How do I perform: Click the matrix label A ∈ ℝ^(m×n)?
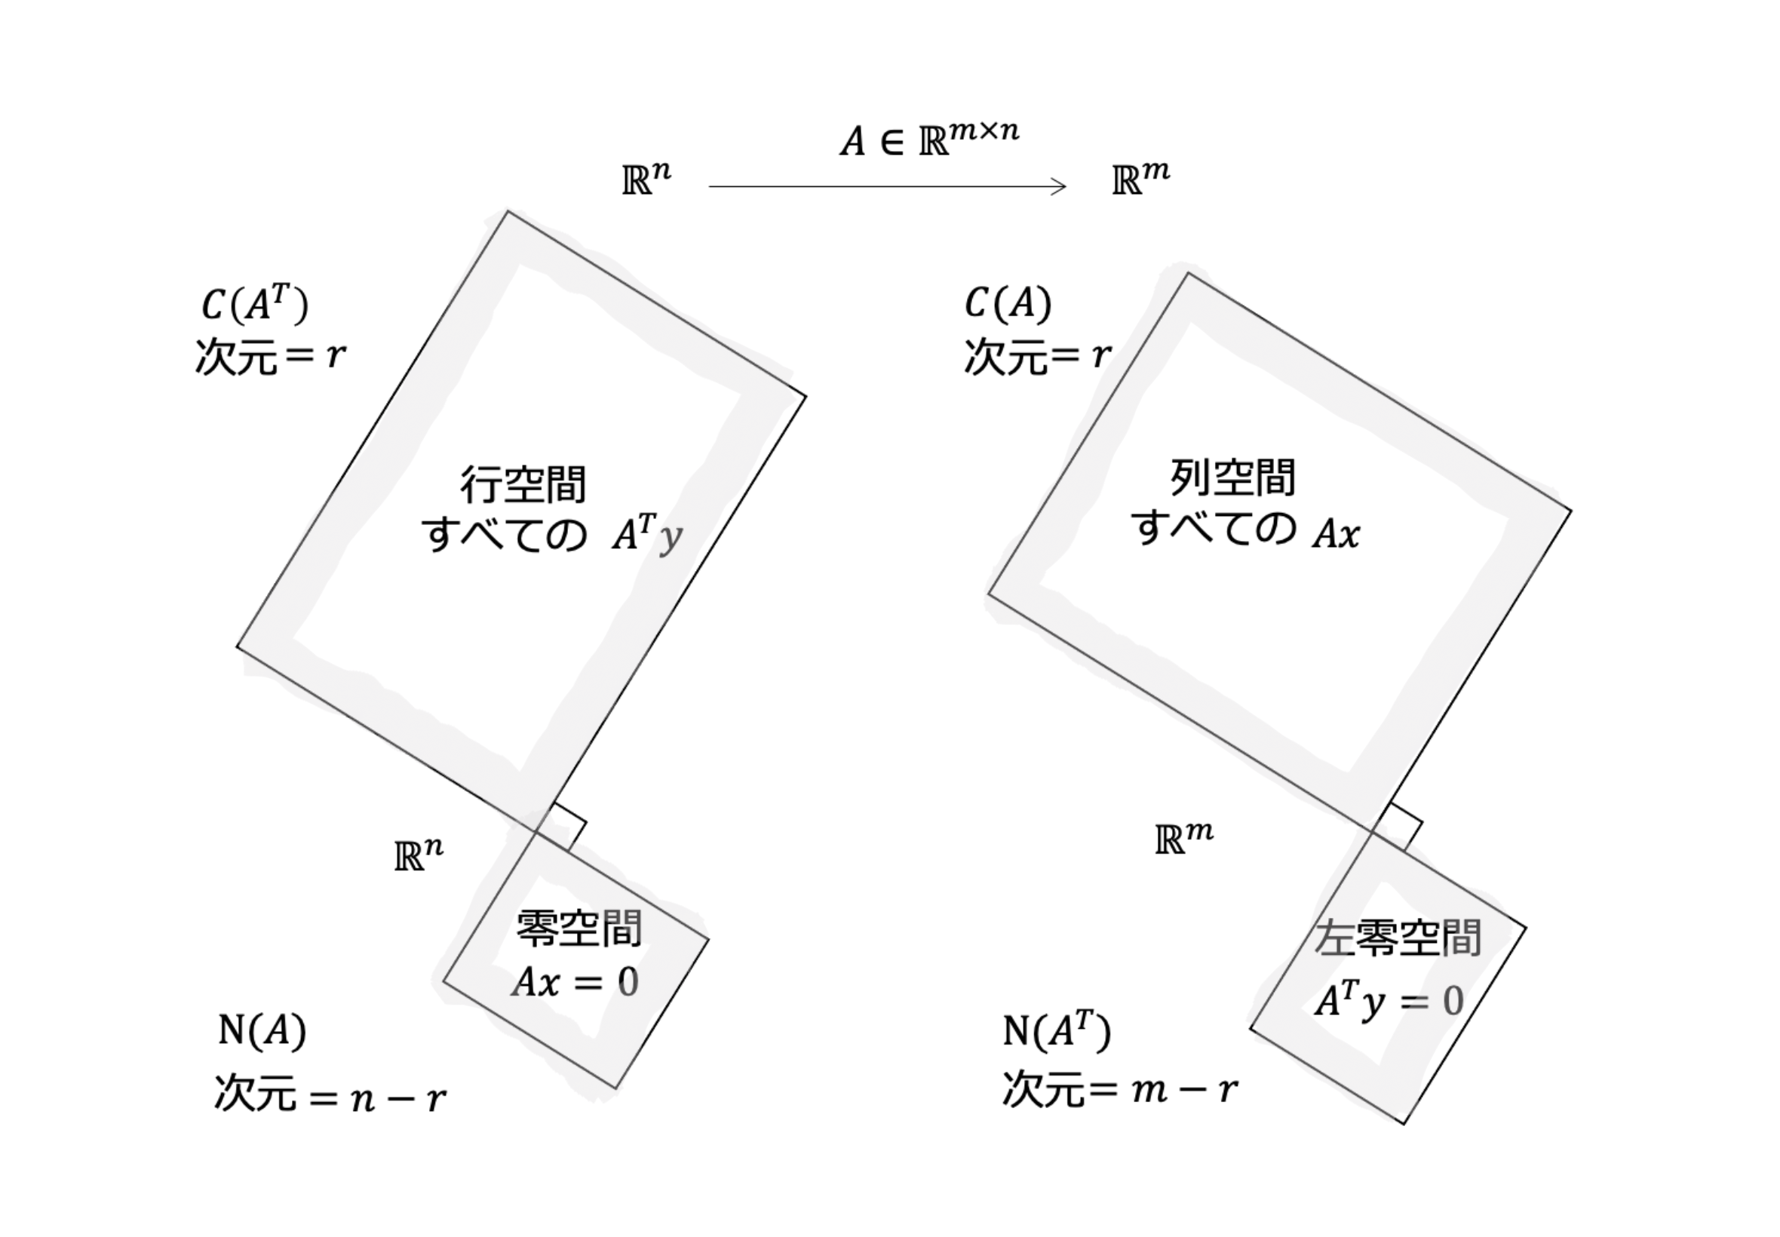[x=929, y=139]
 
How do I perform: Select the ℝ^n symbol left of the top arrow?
[x=646, y=177]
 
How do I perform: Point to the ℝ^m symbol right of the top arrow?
[x=1140, y=177]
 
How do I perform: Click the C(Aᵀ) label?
[x=255, y=303]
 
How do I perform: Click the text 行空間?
[x=523, y=484]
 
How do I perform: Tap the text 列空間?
[x=1232, y=477]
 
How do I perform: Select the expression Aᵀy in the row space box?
[x=647, y=534]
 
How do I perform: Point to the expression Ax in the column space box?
[x=1336, y=534]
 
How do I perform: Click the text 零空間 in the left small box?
[x=578, y=929]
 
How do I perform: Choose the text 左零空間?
[x=1399, y=938]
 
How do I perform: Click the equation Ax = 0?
[x=575, y=982]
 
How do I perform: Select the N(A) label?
[x=262, y=1031]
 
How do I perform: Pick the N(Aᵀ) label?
[x=1057, y=1030]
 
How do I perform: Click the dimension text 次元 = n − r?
[x=330, y=1093]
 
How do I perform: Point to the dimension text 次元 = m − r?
[x=1120, y=1090]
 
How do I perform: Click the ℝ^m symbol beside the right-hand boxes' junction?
[x=1184, y=837]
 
